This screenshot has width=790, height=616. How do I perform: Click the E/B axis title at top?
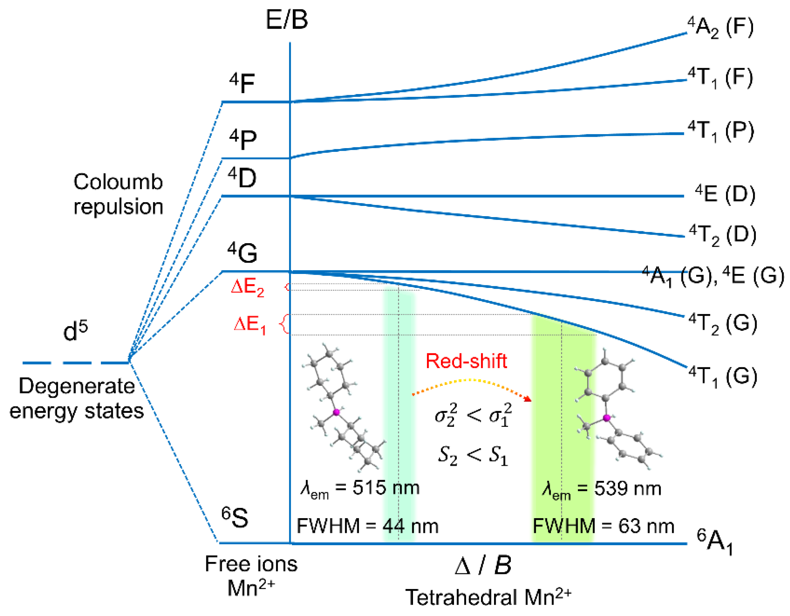coord(286,19)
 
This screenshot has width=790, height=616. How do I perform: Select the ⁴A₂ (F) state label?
coord(720,27)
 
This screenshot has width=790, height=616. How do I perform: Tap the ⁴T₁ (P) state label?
coord(721,131)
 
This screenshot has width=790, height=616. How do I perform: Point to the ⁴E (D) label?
coord(725,194)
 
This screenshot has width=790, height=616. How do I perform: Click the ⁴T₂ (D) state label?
coord(722,235)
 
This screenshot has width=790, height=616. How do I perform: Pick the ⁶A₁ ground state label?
coord(715,541)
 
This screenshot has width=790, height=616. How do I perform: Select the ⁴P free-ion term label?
coord(243,139)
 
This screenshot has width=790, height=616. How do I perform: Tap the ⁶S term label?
coord(235,518)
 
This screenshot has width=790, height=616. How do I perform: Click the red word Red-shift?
coord(466,361)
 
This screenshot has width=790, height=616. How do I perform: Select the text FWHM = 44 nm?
coord(367,526)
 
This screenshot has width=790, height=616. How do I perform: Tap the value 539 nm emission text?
coord(627,488)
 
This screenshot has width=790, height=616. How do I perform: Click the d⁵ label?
coord(75,330)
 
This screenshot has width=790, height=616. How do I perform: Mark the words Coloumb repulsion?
coord(118,194)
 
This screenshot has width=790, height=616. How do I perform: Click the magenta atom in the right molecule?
coord(607,418)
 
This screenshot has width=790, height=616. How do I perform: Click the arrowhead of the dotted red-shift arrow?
coord(529,399)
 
